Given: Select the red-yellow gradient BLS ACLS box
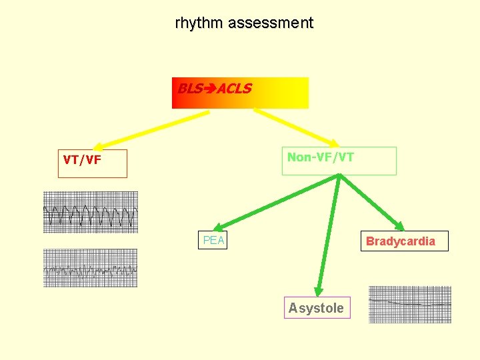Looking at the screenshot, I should pos(240,93).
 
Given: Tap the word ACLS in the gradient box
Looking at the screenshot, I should pos(234,89).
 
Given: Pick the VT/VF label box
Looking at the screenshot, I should pos(92,163).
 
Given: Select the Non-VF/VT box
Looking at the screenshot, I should pos(339,161).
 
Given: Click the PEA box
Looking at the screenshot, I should pos(213,240).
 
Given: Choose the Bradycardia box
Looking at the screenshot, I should pos(406,241).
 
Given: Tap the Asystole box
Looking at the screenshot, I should pos(317,308).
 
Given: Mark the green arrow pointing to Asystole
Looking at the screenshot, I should pos(329,233).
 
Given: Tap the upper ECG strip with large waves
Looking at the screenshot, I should pos(90,212).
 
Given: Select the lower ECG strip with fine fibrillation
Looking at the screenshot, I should pos(90,268).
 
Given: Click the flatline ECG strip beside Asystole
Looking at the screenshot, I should pos(409,304).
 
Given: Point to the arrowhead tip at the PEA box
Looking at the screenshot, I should pos(217,229).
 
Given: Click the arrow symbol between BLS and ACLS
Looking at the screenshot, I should pos(211,89).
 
